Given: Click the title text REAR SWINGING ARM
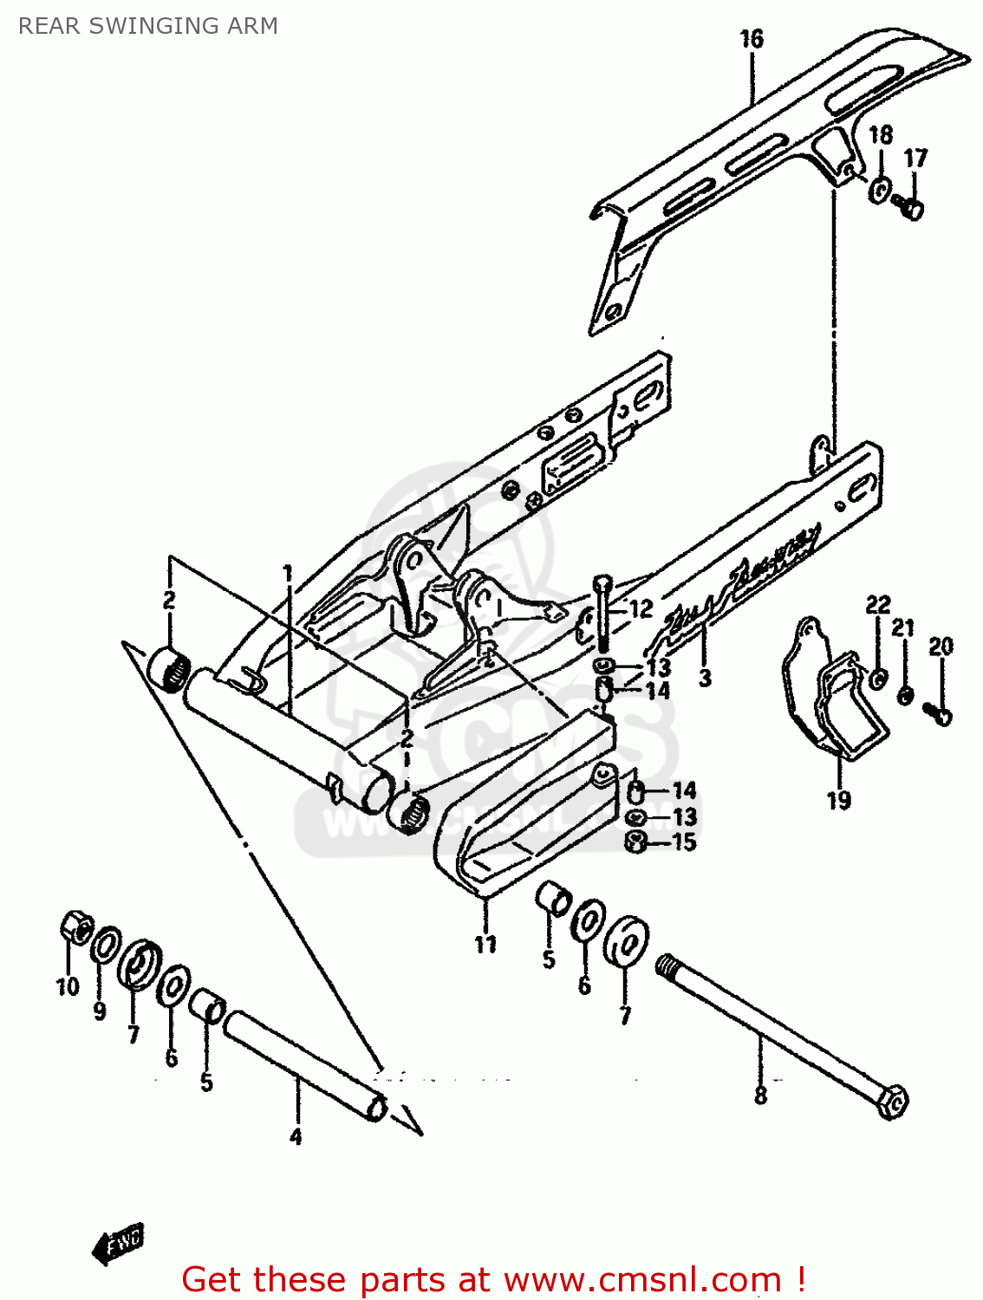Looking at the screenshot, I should point(147,26).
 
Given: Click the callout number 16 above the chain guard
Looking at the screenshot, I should point(752,39).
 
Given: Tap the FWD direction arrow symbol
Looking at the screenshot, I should point(119,1245).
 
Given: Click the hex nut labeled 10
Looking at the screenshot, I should point(75,928).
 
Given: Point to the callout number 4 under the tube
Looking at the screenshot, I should point(296,1136).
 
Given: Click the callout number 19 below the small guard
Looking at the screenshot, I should point(838,800).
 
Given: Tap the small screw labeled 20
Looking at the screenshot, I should point(938,712).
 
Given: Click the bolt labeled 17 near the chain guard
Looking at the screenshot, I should point(909,207).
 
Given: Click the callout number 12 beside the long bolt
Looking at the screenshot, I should point(641,609).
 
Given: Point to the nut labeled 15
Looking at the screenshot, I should point(635,842).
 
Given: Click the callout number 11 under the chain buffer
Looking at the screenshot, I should point(485,944).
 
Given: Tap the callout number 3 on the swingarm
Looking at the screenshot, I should point(705,678).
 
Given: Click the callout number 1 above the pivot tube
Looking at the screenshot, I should point(288,574).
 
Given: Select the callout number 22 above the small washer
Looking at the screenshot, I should point(878,604).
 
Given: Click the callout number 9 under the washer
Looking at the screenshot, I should point(100,1011).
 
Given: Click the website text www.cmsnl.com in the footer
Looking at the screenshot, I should point(642,1279).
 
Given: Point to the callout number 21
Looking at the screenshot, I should point(903,627).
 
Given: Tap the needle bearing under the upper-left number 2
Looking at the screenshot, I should point(168,667).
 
